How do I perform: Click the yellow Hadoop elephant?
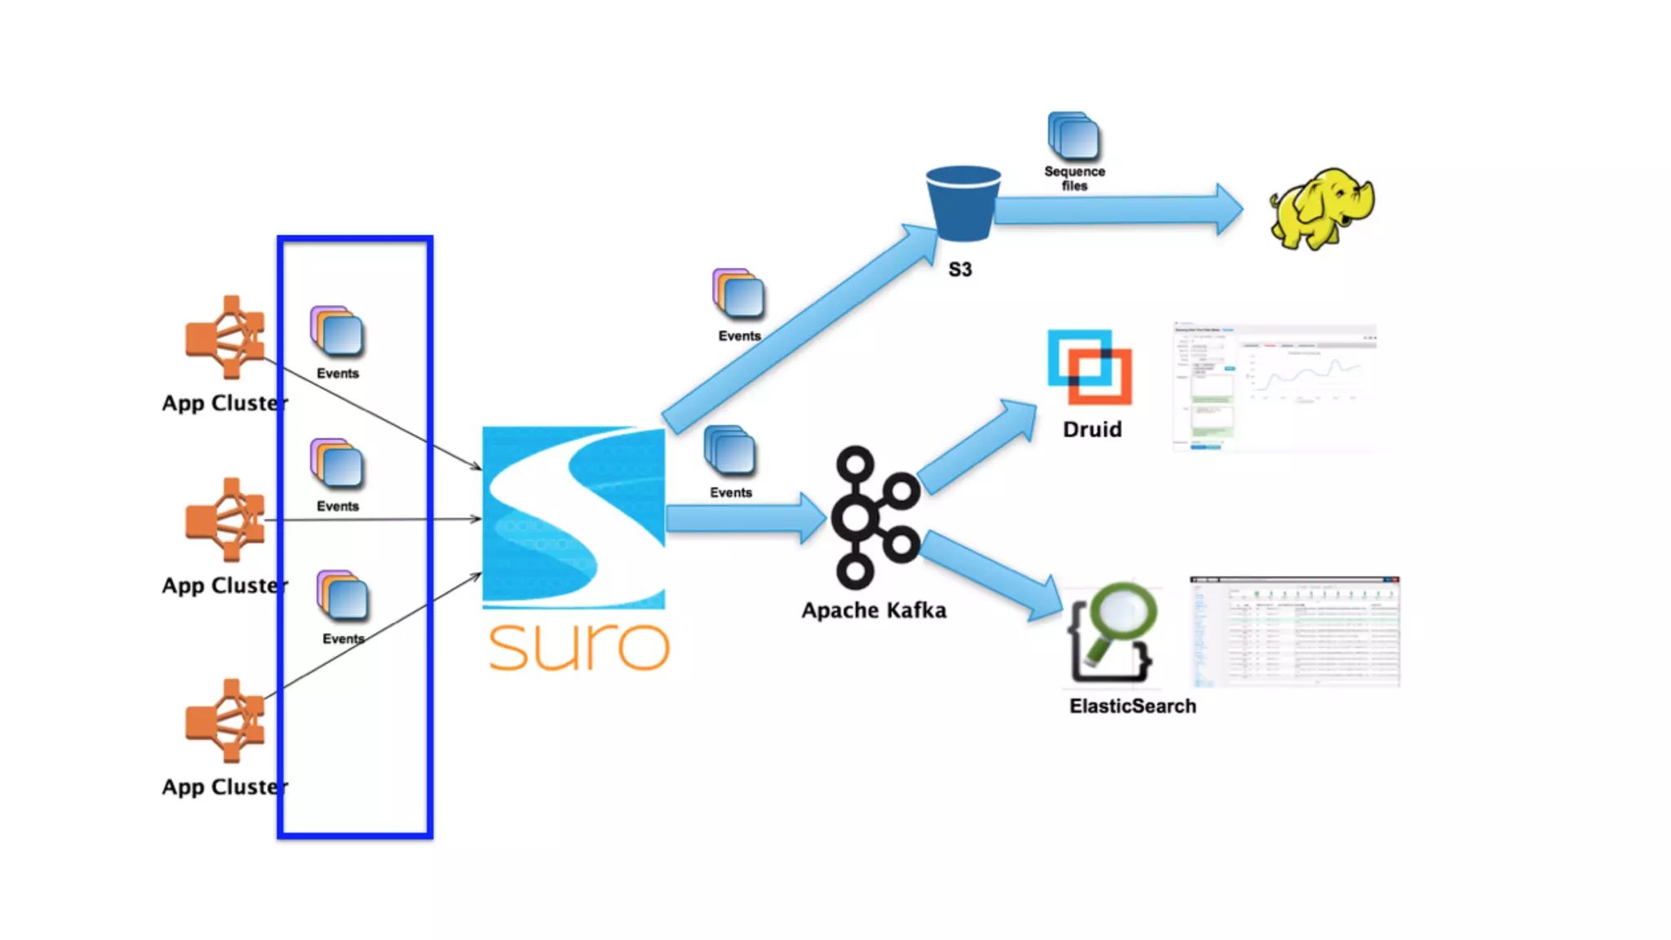1321,208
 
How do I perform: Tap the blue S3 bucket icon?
963,204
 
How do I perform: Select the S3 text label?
960,269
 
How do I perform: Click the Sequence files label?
1075,178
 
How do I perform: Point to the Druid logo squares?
1089,367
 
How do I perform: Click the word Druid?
1092,429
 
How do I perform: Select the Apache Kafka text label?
874,610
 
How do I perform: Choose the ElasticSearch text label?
1132,706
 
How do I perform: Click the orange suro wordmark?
578,647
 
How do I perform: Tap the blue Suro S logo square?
574,517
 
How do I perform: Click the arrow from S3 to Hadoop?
1118,210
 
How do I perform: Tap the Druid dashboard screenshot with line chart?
1274,386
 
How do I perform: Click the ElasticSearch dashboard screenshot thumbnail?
1295,631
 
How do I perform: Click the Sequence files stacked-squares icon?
1074,135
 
